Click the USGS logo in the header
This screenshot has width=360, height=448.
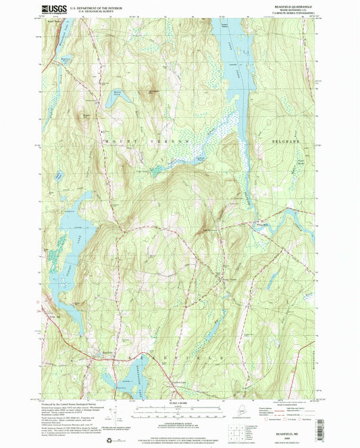(x=55, y=9)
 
